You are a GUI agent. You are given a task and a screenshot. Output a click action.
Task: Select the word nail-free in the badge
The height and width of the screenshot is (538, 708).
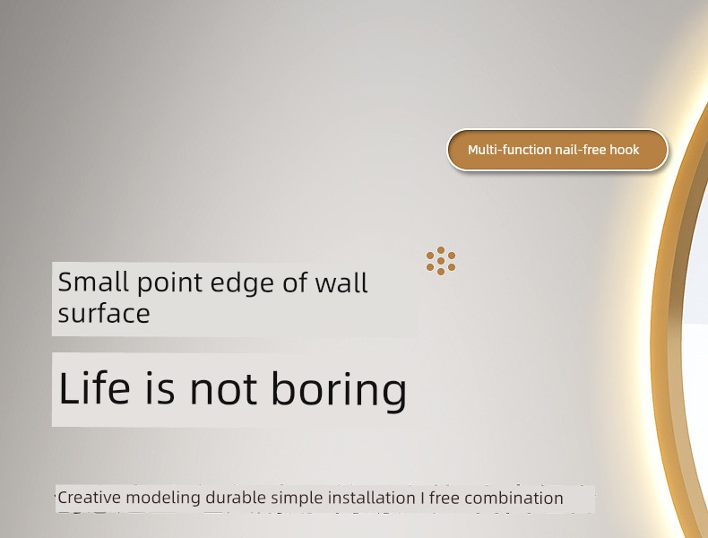581,150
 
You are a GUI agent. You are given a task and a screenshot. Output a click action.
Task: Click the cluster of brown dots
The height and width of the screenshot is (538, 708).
441,261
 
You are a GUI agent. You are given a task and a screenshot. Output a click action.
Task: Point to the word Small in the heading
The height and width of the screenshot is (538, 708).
93,282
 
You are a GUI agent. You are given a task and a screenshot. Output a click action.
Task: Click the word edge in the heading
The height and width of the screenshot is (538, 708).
242,284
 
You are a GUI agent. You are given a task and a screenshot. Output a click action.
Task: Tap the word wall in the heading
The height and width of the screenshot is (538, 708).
341,282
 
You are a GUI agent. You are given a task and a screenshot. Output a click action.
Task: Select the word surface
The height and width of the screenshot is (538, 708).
104,314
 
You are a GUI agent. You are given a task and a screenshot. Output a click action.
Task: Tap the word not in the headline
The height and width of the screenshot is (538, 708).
223,389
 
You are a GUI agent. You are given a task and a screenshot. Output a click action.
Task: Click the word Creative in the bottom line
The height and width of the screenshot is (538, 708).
90,498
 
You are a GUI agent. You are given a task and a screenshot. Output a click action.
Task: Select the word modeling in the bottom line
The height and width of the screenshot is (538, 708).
163,499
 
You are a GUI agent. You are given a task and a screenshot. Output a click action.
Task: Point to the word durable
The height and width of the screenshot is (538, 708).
236,498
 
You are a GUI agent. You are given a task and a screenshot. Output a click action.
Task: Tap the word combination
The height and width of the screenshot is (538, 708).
514,498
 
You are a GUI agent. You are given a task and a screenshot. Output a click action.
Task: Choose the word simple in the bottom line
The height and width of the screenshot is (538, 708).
298,499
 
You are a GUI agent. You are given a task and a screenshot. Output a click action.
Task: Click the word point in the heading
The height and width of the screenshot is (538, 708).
169,284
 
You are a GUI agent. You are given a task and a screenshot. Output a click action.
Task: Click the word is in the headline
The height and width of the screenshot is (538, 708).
160,388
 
